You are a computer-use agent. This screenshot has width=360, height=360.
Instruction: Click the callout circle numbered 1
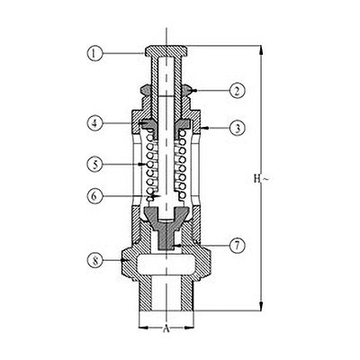pos(94,54)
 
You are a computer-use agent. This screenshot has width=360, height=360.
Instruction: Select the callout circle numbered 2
pos(238,91)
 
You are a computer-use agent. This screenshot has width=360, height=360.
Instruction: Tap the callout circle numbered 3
pos(238,129)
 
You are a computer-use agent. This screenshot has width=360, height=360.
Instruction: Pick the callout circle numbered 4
pos(94,123)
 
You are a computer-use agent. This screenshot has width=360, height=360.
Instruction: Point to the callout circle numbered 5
pos(94,165)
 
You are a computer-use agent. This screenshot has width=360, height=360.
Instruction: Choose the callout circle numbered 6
pos(94,196)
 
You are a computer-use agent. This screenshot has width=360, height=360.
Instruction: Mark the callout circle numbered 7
pos(238,246)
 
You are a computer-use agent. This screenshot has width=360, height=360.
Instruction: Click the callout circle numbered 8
pos(94,260)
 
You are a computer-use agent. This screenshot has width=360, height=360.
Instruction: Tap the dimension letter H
pos(256,179)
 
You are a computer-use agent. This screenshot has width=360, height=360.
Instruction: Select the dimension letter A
pos(166,329)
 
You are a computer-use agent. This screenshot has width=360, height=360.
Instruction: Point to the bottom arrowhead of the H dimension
pos(262,306)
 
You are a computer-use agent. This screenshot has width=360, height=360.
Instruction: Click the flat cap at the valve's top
pos(166,50)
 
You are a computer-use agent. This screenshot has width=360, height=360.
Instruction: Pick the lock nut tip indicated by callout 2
pos(189,90)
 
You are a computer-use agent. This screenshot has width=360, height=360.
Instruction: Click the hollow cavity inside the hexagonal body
pos(166,265)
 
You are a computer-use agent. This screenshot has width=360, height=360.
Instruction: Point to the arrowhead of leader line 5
pos(140,165)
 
